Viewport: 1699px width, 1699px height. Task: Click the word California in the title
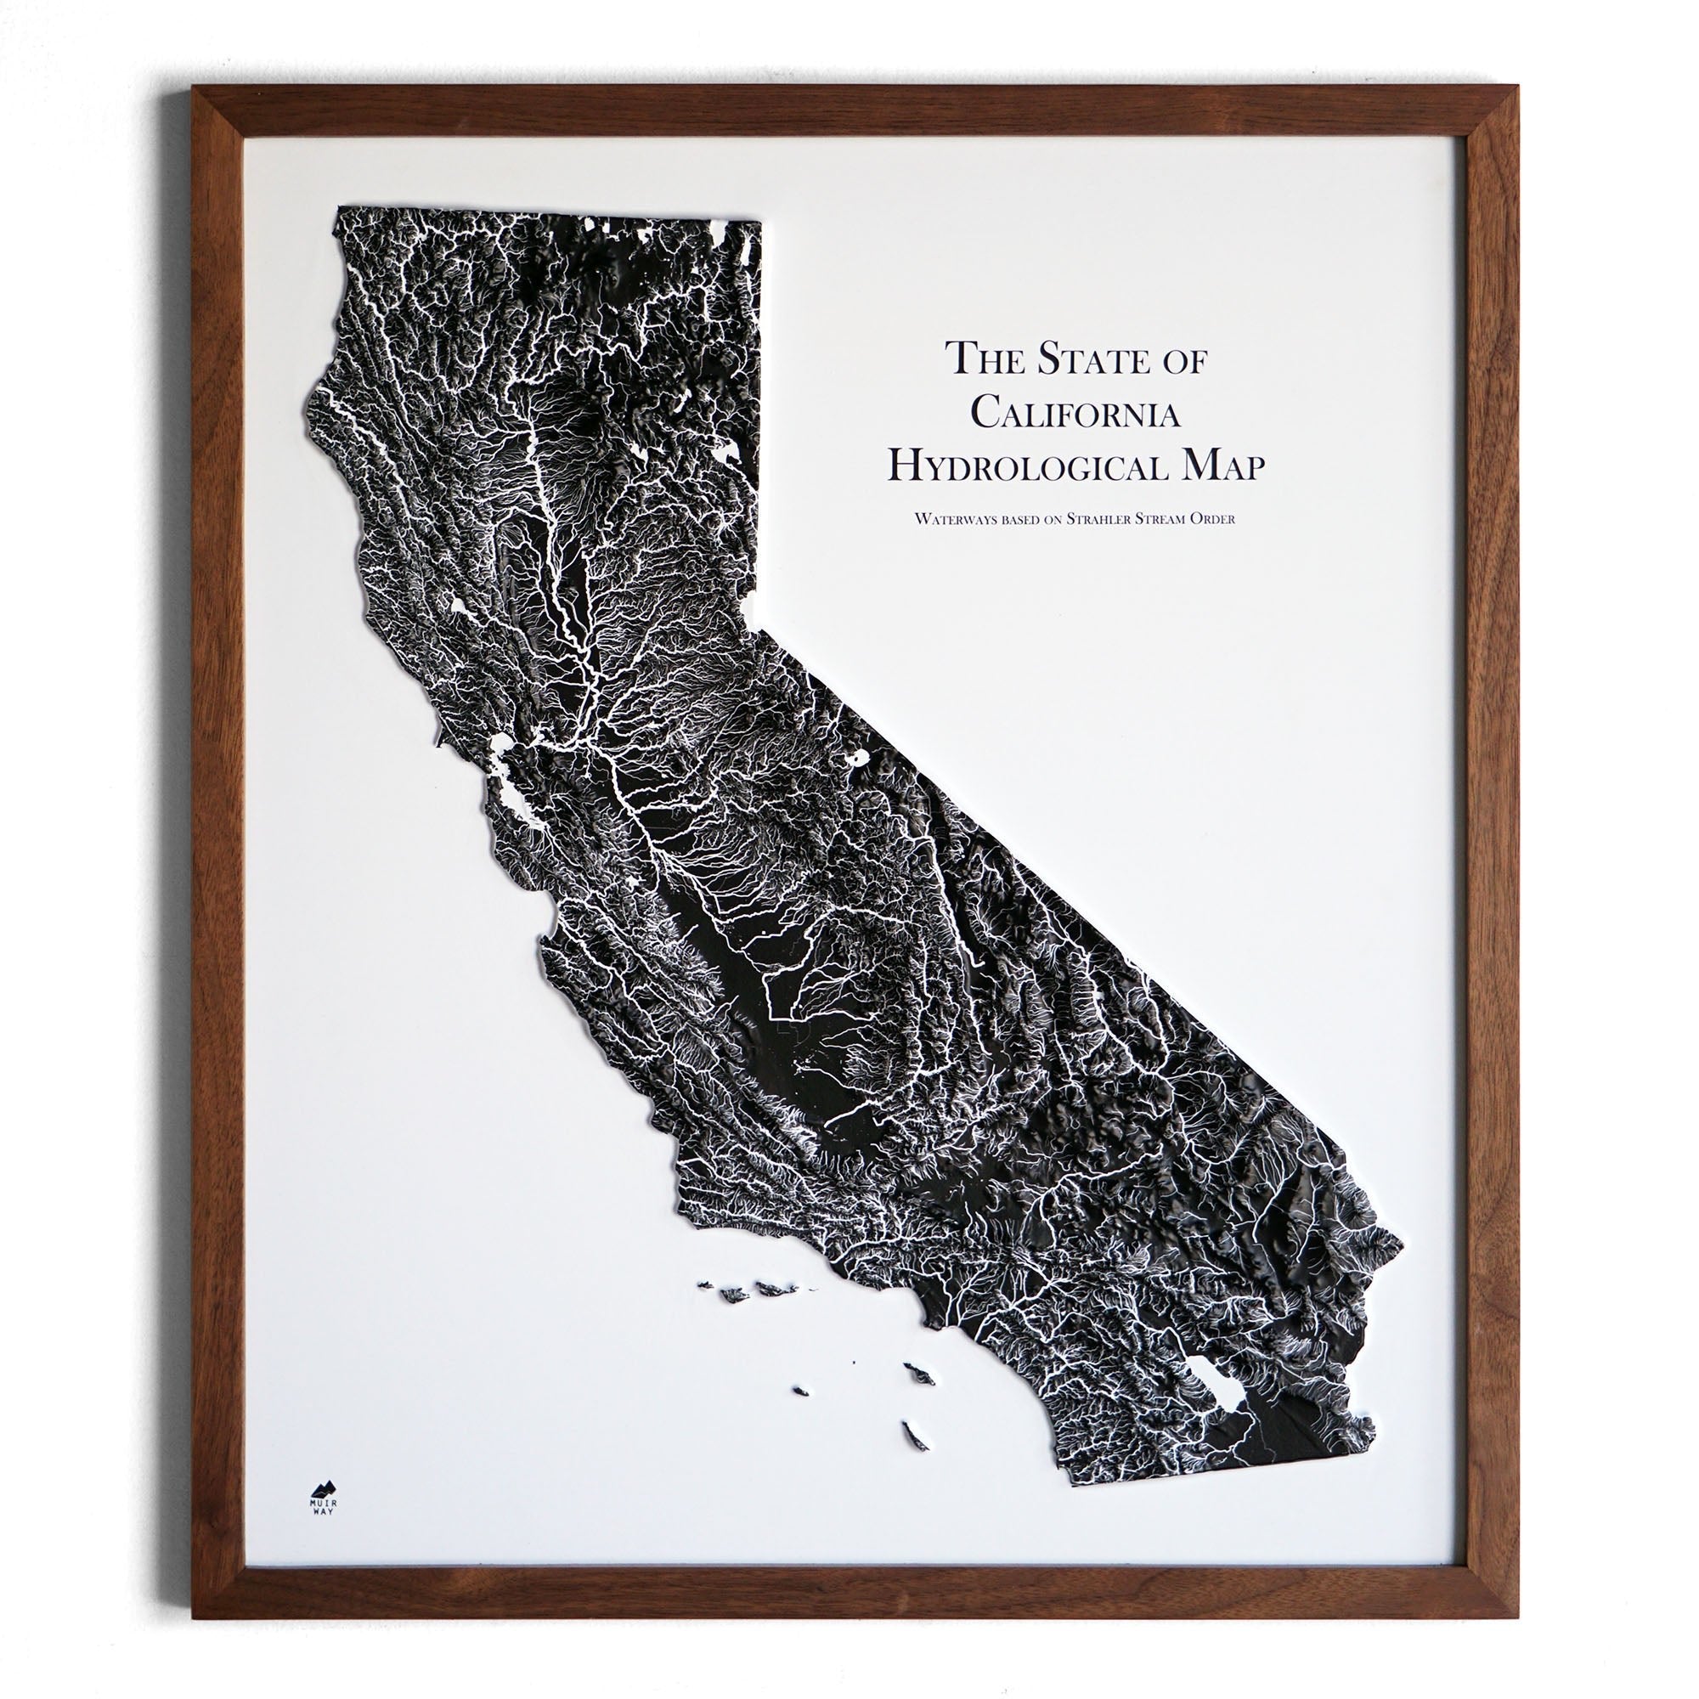[x=1075, y=413]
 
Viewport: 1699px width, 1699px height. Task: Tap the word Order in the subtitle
[x=1213, y=519]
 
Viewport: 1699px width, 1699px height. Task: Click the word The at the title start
[x=975, y=358]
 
